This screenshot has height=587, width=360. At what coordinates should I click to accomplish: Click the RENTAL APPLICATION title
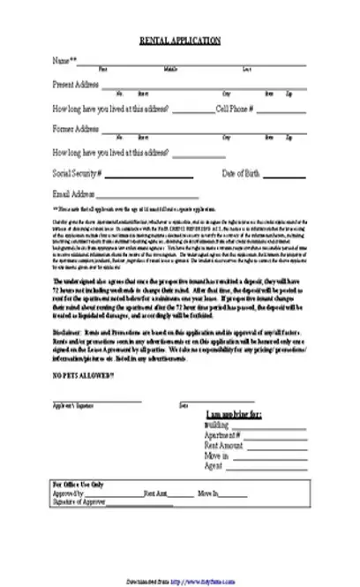tap(179, 41)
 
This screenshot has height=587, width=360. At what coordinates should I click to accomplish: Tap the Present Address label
tap(75, 84)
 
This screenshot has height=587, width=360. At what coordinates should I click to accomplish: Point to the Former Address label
tap(75, 129)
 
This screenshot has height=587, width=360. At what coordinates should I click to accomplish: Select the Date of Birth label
tap(240, 172)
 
